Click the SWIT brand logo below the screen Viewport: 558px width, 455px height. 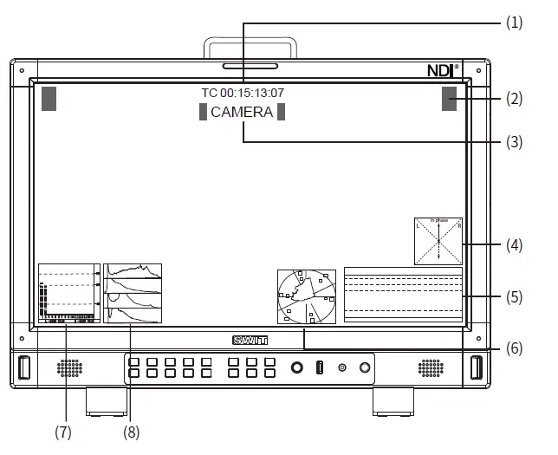click(250, 341)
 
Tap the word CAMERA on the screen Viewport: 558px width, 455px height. click(242, 112)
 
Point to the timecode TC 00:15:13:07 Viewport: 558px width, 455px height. click(242, 93)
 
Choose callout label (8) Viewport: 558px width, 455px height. click(131, 431)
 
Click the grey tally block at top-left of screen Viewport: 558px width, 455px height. click(49, 98)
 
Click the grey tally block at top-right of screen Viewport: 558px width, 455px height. click(449, 98)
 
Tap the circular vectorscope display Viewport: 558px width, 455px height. click(306, 296)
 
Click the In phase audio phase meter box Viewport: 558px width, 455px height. click(438, 241)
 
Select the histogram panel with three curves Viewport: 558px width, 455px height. click(133, 294)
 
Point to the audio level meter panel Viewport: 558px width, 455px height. click(68, 294)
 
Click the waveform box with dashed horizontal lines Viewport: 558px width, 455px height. click(403, 295)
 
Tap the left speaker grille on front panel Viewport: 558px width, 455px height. click(69, 367)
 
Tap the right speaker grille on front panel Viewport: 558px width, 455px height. click(430, 367)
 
